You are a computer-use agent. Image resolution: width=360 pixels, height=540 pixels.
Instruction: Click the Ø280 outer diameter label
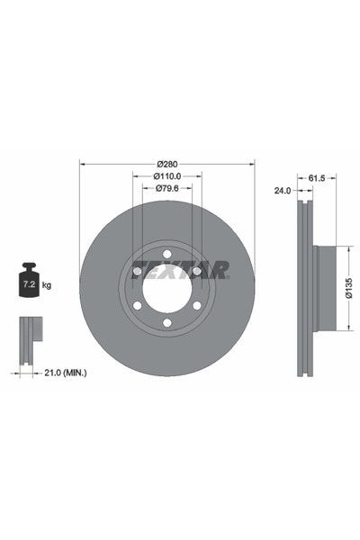coord(166,163)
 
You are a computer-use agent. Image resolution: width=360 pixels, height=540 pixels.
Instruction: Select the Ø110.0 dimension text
coord(166,176)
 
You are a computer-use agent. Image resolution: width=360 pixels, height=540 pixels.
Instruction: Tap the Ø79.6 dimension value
coord(166,189)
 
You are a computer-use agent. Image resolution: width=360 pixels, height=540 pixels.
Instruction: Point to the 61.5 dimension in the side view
coord(317,179)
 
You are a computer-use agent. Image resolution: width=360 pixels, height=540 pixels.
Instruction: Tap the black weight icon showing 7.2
coord(28,282)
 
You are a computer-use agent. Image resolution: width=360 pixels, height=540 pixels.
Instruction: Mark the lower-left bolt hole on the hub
coord(136,308)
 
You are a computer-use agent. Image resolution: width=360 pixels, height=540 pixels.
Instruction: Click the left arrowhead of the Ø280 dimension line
coord(83,163)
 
